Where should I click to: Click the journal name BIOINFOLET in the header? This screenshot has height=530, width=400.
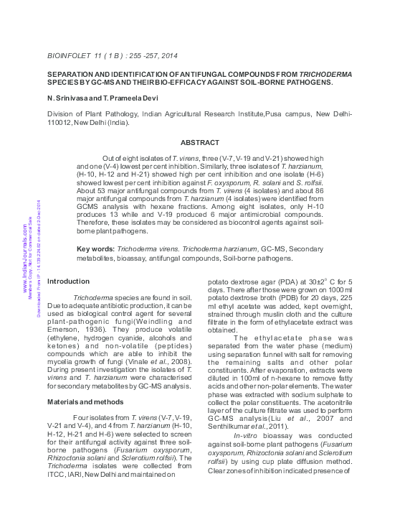69,55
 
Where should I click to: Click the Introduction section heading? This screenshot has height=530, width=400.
68,281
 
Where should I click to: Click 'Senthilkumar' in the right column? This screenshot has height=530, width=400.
230,427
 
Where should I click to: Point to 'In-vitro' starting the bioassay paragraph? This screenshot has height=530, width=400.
247,436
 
